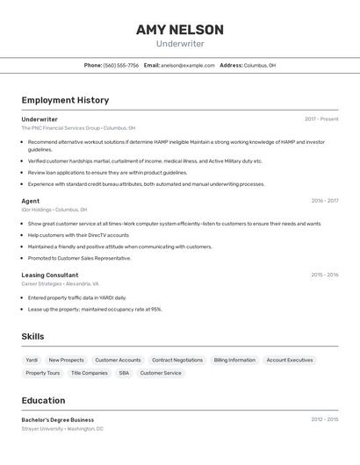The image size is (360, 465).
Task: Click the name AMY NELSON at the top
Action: tap(179, 30)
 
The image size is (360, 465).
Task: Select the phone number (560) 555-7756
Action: tap(121, 65)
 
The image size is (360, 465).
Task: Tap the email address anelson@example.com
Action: tap(188, 65)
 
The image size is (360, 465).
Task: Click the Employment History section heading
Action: tap(65, 100)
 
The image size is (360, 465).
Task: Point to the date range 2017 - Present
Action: tap(321, 119)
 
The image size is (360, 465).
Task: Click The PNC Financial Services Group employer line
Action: tap(78, 128)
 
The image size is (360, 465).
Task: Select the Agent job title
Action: tap(31, 201)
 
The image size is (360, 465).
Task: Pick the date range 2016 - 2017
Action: tap(324, 201)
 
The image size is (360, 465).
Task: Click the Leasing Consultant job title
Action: tap(50, 275)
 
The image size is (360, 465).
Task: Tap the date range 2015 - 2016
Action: tap(324, 275)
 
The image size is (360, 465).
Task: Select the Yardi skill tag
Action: tap(32, 360)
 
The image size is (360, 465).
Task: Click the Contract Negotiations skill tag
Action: tap(177, 360)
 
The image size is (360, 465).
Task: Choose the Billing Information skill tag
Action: tap(234, 360)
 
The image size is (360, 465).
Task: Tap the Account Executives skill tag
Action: tap(290, 360)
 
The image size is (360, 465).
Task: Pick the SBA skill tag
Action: tap(124, 373)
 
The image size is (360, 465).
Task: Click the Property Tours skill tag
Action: tap(43, 373)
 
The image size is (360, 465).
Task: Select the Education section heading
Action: tap(44, 400)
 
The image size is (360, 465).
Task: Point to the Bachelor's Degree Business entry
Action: tap(58, 419)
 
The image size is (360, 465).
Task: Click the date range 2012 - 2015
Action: tap(324, 419)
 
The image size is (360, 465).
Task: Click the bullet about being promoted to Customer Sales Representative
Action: tap(80, 258)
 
